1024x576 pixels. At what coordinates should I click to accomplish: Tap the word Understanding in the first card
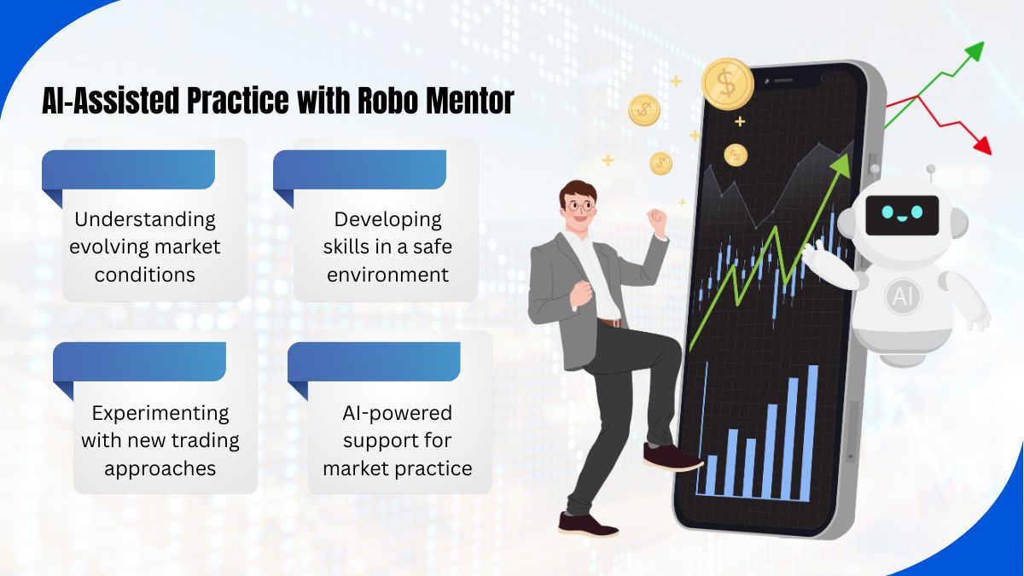point(145,220)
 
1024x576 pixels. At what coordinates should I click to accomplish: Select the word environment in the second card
point(387,275)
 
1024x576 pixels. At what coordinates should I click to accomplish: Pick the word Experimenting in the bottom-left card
point(160,414)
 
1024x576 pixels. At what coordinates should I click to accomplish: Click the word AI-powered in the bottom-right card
point(398,413)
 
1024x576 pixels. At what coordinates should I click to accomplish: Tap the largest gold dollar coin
point(727,84)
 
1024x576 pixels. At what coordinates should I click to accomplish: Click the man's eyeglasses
point(579,207)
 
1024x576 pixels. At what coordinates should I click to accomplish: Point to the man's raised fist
point(658,220)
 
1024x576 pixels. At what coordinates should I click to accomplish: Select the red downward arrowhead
point(983,145)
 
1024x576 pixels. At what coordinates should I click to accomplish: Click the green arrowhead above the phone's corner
point(975,51)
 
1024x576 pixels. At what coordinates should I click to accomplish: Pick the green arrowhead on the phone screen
point(841,165)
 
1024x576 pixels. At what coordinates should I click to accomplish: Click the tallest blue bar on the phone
point(812,432)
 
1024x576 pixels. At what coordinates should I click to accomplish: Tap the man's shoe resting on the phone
point(672,457)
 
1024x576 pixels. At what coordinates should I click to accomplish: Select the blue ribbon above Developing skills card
point(359,175)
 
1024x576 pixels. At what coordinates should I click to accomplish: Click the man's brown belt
point(612,323)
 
